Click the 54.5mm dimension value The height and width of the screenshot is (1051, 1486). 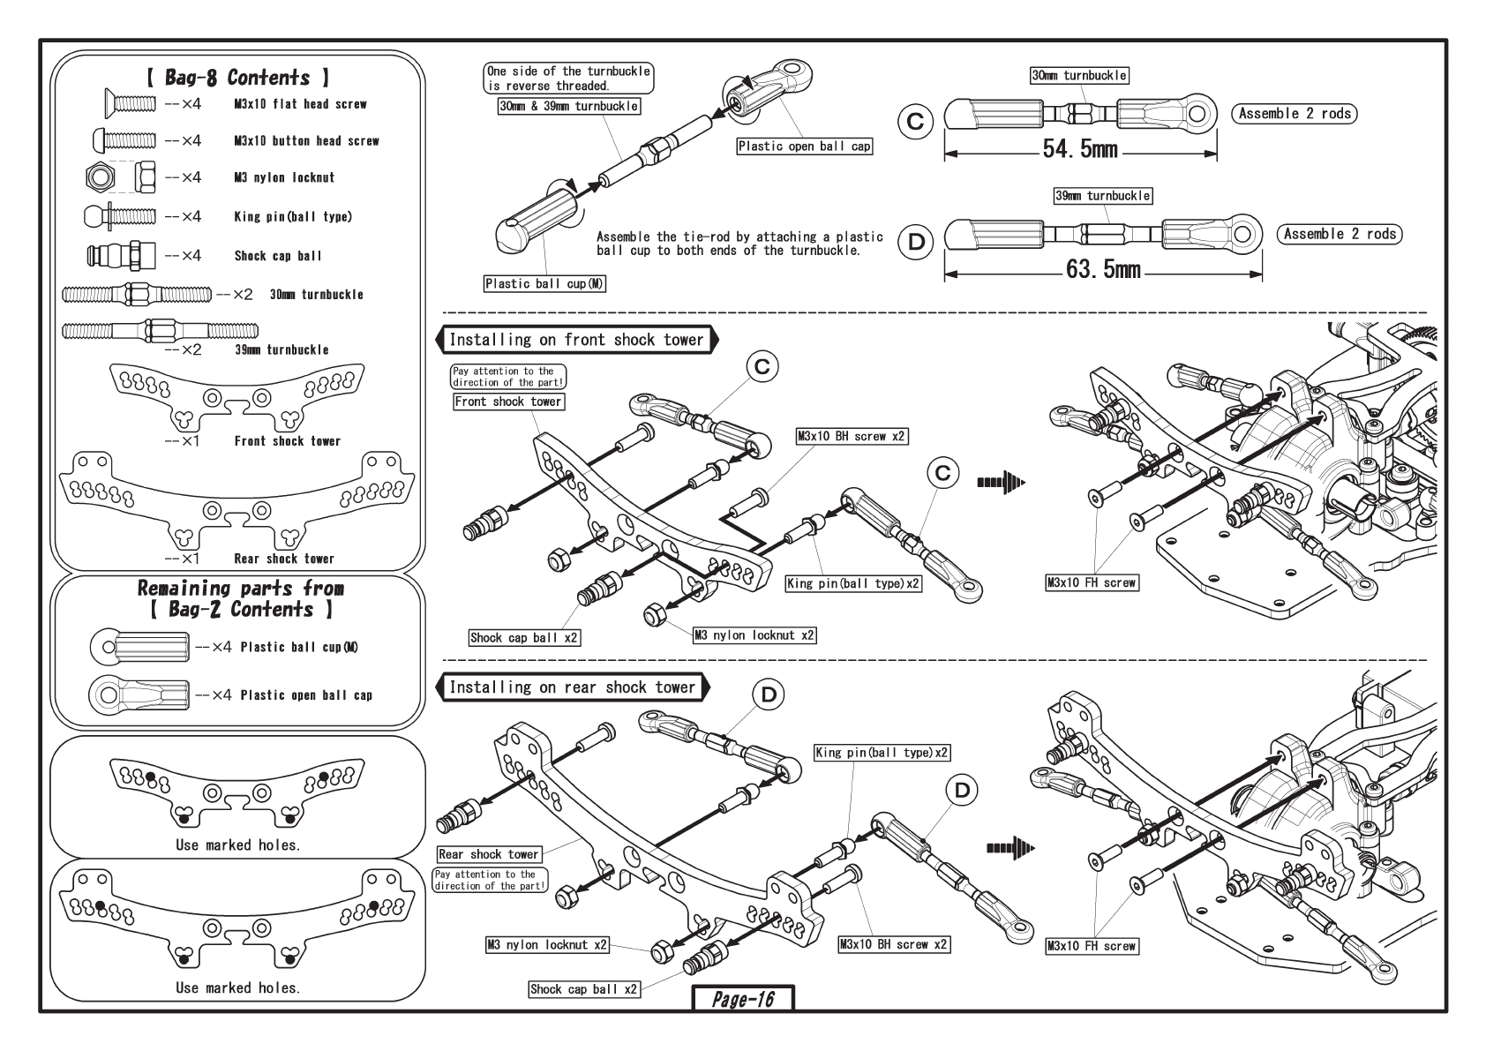(1080, 149)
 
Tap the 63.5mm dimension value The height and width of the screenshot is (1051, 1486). (1103, 269)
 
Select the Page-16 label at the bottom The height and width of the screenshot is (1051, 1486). (743, 999)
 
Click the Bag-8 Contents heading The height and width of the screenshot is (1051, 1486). (237, 78)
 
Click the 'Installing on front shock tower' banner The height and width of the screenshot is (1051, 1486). (576, 340)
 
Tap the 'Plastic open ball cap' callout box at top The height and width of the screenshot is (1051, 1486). (805, 146)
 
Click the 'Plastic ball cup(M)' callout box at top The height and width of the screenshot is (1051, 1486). (545, 283)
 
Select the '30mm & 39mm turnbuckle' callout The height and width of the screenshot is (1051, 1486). (568, 106)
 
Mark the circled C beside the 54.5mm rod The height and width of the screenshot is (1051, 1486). (916, 121)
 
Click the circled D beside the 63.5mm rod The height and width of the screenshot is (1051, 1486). (916, 241)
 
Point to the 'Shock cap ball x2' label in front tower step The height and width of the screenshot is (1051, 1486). (525, 637)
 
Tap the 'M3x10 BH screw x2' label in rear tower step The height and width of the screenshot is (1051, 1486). (894, 944)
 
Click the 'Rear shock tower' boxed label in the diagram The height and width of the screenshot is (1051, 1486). (488, 854)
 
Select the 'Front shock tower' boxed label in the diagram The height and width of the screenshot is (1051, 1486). (508, 402)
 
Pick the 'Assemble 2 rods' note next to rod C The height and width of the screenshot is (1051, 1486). (1294, 113)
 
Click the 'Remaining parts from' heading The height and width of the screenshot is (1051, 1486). (241, 589)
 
